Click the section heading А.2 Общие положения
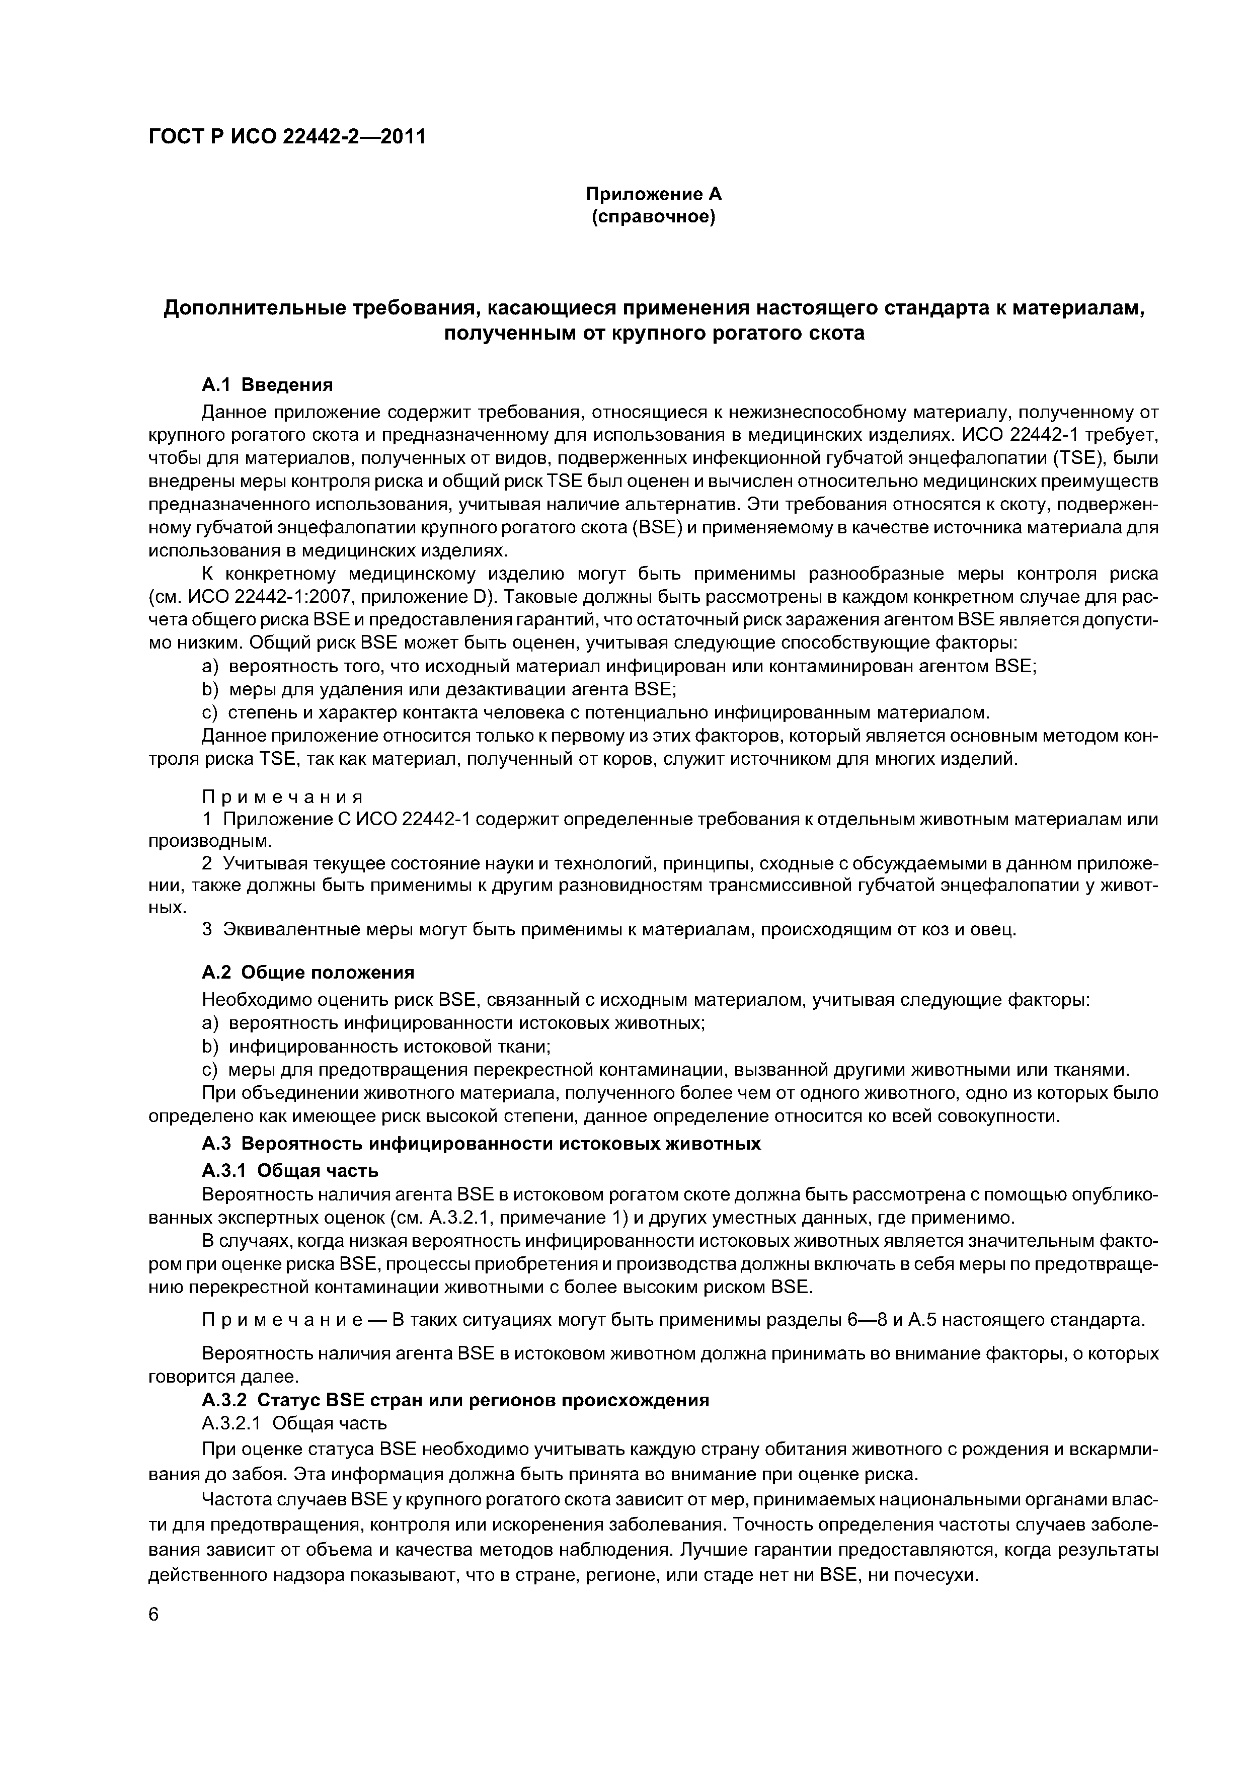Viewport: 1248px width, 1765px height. [x=307, y=973]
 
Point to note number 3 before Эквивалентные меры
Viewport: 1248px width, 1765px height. [x=206, y=929]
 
